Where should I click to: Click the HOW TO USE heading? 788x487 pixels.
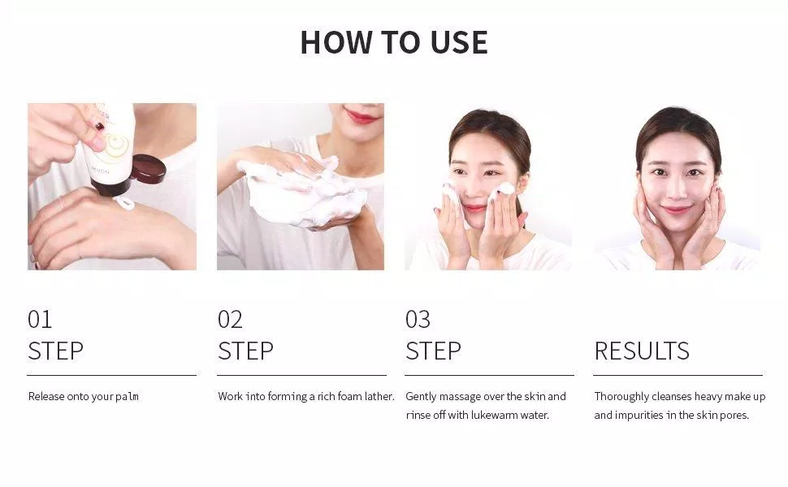coord(394,42)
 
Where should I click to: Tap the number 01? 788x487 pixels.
coord(40,319)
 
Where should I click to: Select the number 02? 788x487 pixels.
coord(230,319)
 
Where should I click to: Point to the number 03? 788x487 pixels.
coord(418,319)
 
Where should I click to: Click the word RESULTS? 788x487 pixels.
coord(642,351)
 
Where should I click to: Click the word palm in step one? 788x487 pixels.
coord(128,397)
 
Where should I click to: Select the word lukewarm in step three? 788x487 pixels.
coord(497,416)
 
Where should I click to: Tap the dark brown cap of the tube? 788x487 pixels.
coord(149,169)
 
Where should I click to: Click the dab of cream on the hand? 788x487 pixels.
coord(124,203)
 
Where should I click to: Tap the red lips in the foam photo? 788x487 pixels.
coord(361,117)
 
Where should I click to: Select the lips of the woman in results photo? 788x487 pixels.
coord(675,209)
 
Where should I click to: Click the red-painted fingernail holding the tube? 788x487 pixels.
coord(100,126)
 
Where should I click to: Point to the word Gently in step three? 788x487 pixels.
coord(421,397)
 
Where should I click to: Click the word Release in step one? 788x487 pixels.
coord(46,397)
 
